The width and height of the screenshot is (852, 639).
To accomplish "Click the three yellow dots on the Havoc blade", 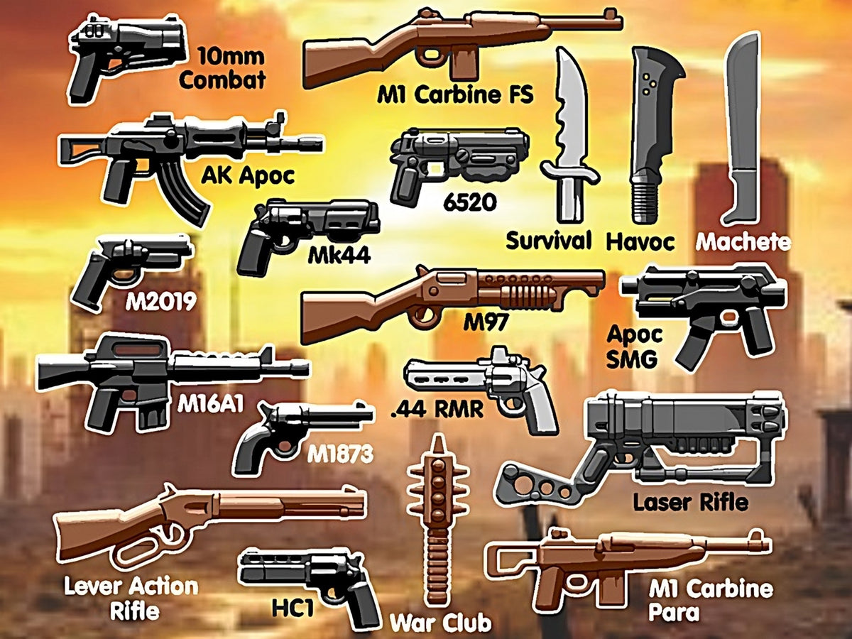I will coord(646,83).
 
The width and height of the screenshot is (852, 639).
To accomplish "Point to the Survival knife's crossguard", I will coord(569,173).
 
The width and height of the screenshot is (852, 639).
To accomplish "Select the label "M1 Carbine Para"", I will coord(710,600).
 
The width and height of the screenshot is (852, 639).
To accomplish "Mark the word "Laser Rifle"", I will coord(690,503).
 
